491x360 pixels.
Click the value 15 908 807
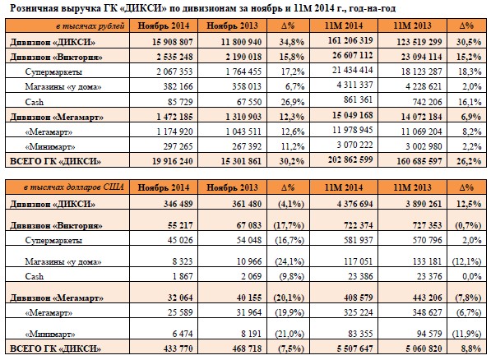(172, 42)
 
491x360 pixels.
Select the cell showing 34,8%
(292, 42)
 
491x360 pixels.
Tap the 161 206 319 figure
(350, 40)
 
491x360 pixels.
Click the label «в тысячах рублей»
(90, 25)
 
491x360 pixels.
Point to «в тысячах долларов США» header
(74, 187)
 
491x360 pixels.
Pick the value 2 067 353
(174, 72)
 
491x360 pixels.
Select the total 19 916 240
(172, 161)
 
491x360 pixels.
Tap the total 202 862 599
(350, 159)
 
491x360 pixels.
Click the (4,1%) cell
(291, 204)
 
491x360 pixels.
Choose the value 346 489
(178, 204)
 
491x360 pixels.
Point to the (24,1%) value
(290, 261)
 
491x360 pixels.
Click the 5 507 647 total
(354, 348)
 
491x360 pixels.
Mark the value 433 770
(178, 348)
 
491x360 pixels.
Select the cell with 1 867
(183, 276)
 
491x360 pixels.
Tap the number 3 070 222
(354, 145)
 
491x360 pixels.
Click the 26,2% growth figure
(469, 161)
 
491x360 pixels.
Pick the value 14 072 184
(421, 117)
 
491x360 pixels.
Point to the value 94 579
(429, 334)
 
